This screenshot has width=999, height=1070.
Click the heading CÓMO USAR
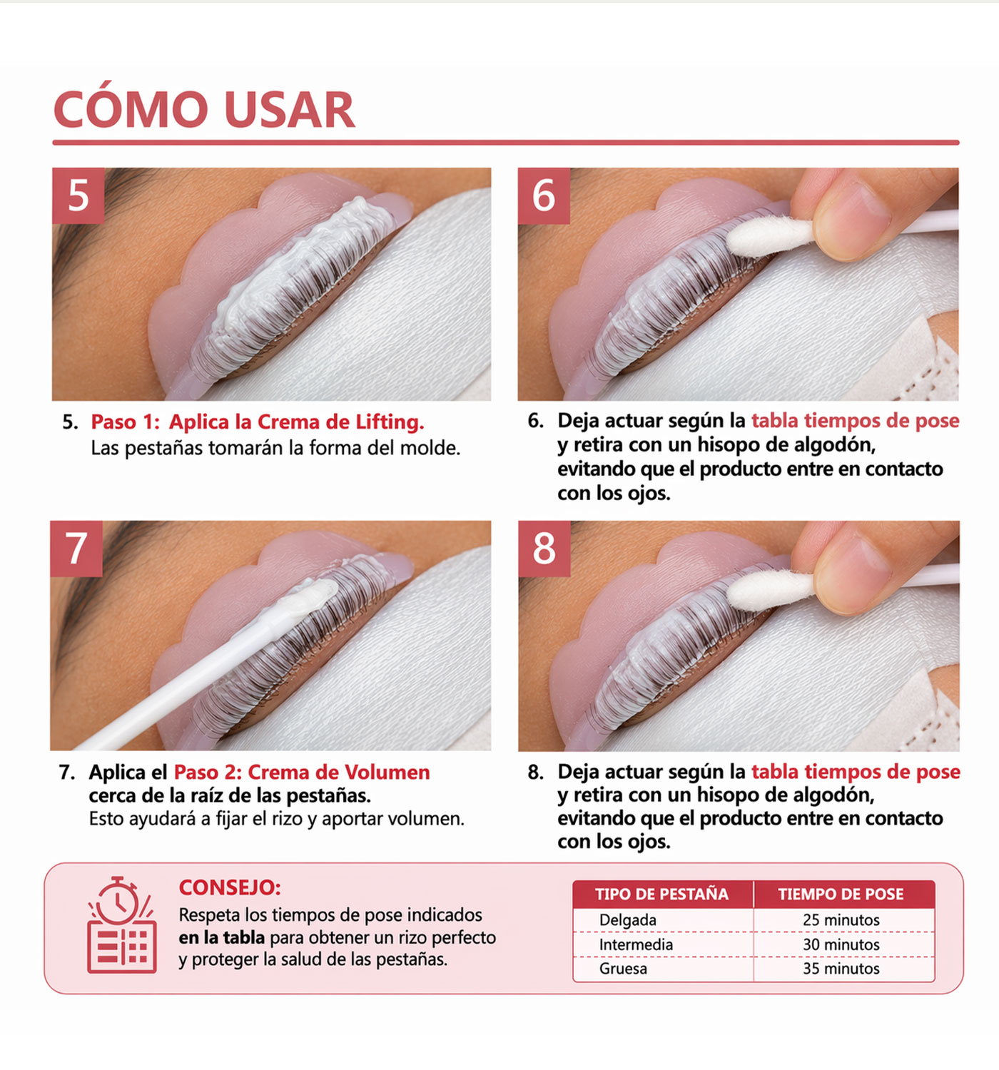[204, 111]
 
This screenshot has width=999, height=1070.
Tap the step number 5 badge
[78, 195]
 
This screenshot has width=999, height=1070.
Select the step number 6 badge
[544, 195]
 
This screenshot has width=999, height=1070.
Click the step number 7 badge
[76, 548]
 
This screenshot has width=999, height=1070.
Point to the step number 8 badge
[544, 548]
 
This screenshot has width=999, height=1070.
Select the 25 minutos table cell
[841, 920]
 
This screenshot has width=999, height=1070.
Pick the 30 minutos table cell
[841, 944]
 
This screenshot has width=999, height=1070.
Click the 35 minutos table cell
[841, 969]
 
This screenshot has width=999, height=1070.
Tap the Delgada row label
[627, 920]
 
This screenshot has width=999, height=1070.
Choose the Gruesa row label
[623, 969]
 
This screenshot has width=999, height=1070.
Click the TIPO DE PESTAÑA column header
[661, 895]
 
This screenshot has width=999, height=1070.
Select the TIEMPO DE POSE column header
[841, 895]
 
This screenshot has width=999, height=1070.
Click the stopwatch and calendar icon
[121, 925]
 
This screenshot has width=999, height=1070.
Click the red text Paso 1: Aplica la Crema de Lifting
[257, 422]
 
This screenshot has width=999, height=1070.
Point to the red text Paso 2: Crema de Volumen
[302, 773]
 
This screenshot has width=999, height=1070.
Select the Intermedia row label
[636, 944]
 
